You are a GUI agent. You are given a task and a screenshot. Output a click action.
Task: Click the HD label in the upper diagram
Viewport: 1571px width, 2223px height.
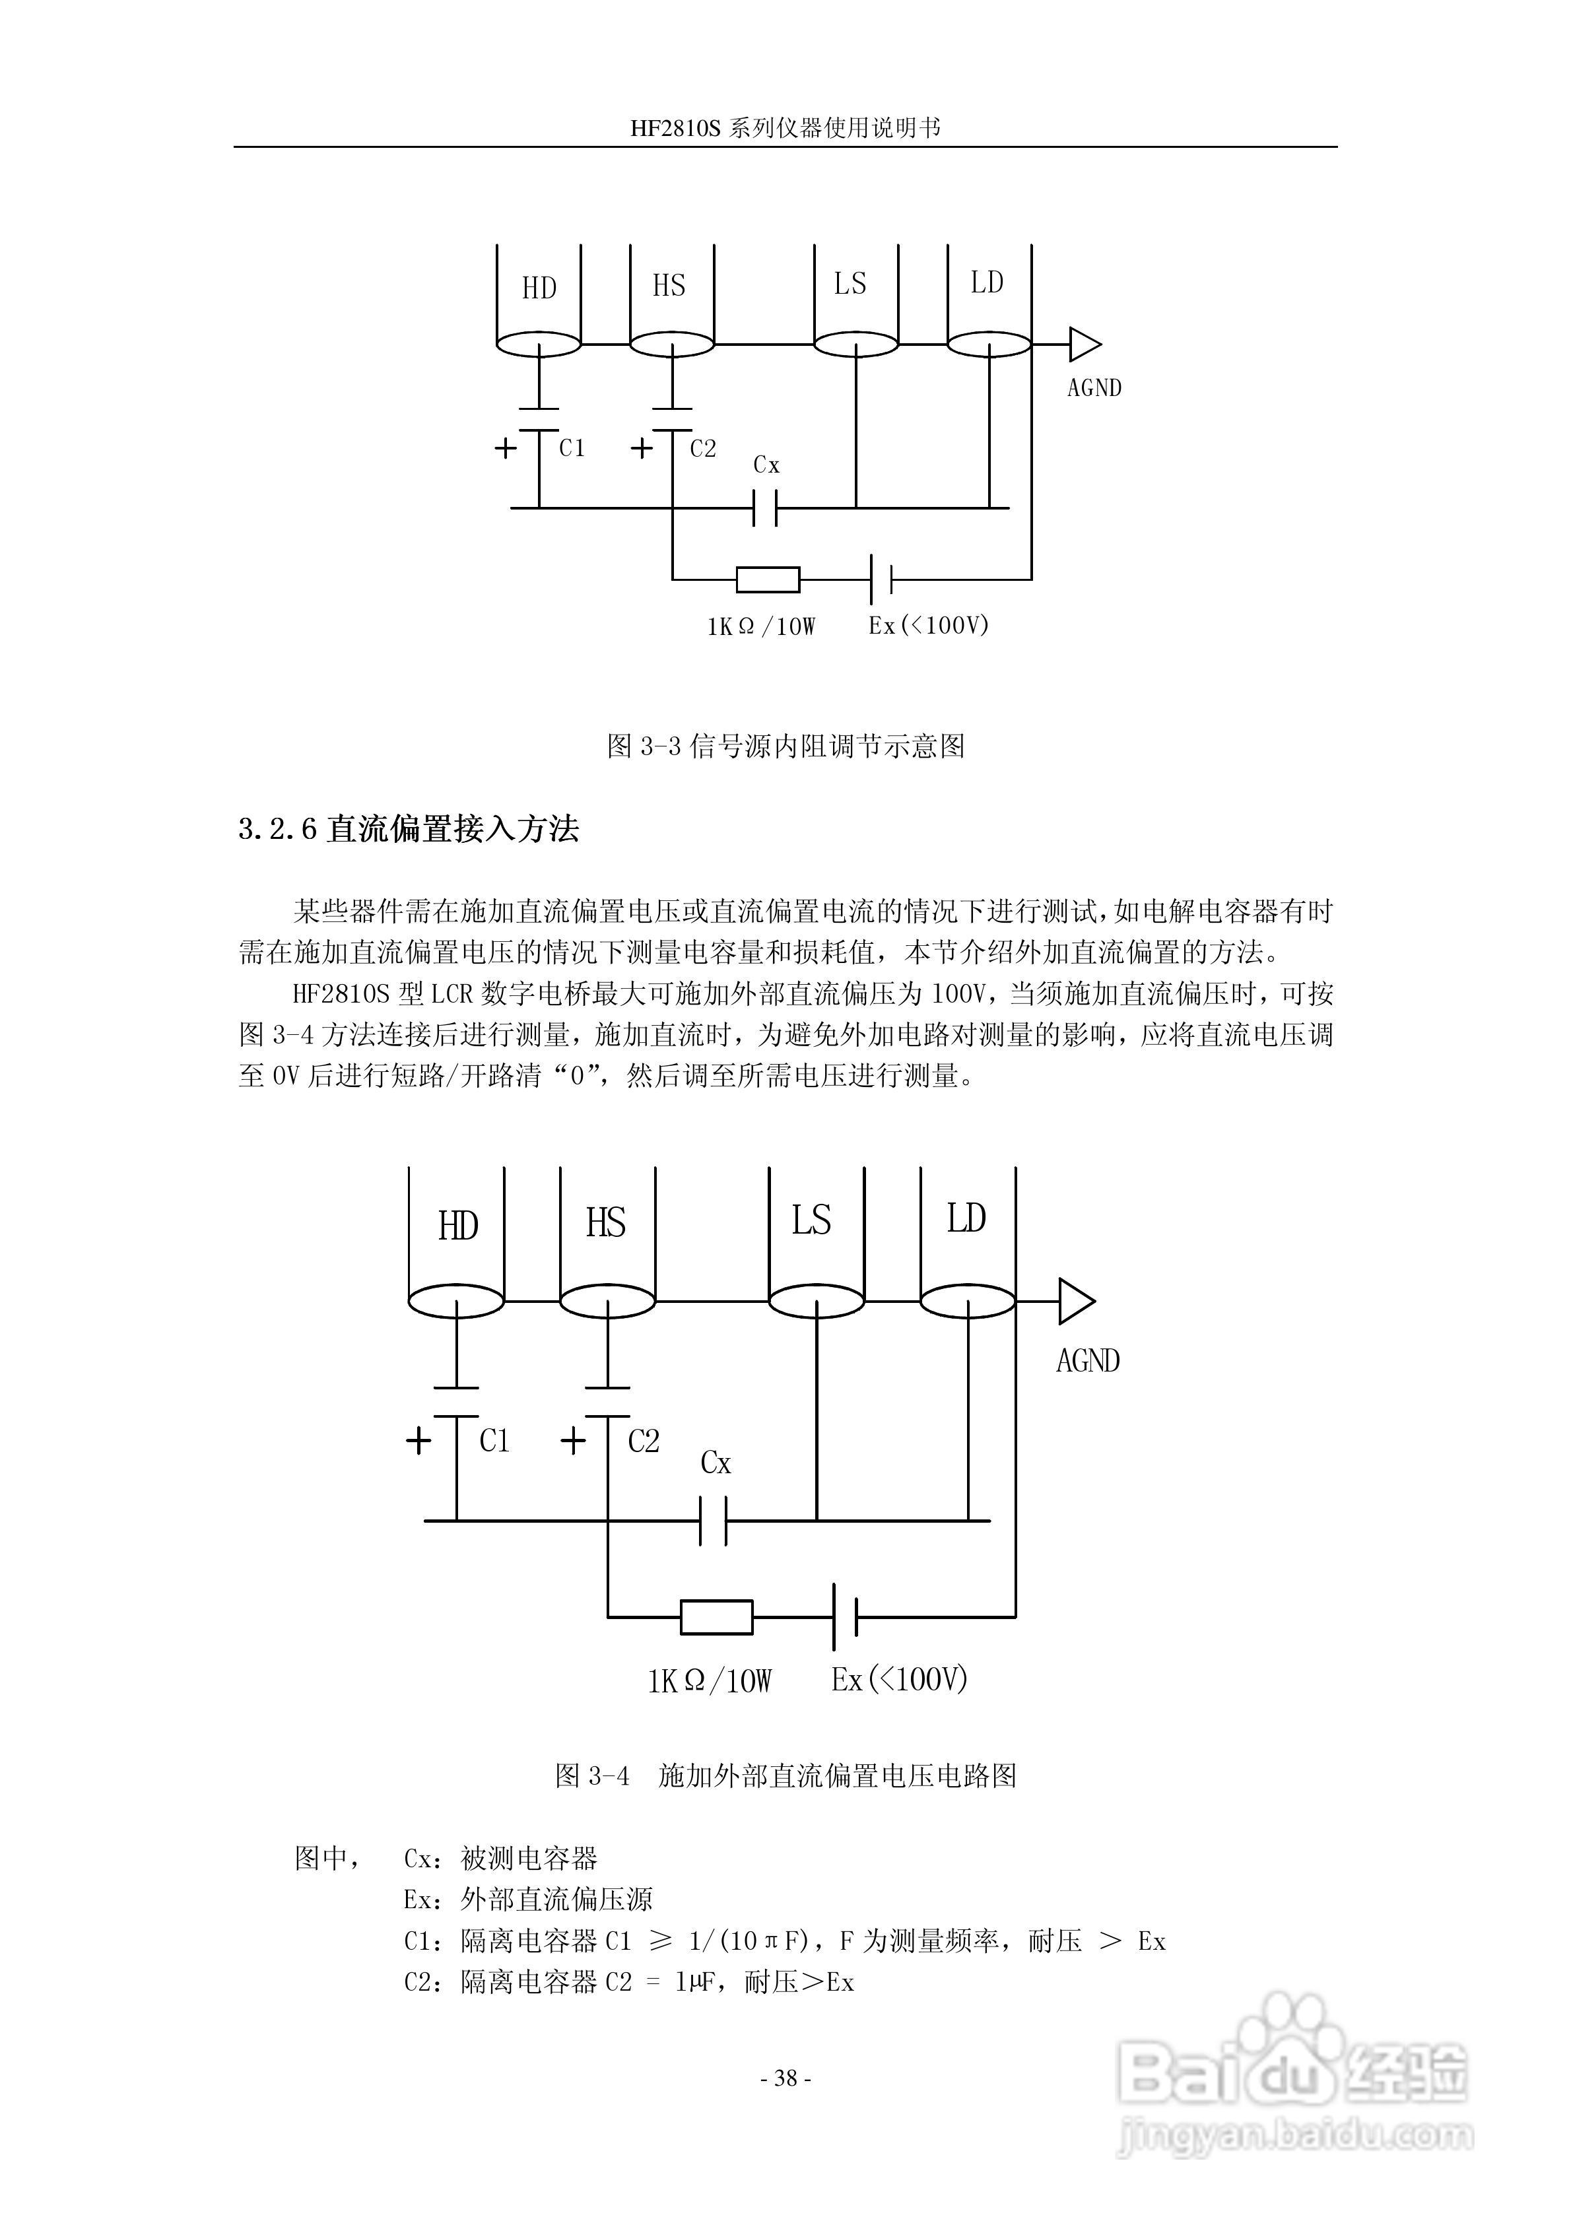coord(539,288)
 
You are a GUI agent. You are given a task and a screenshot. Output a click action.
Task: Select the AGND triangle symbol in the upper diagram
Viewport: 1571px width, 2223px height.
coord(1085,344)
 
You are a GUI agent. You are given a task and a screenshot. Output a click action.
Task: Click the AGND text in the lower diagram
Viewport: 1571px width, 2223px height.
coord(1088,1360)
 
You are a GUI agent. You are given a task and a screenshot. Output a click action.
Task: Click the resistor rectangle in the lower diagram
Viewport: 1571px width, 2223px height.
coord(717,1617)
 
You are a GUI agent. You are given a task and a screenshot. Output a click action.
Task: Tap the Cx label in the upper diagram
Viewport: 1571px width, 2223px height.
coord(766,466)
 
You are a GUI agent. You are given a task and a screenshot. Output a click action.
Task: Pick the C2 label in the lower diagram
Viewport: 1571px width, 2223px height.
coord(643,1441)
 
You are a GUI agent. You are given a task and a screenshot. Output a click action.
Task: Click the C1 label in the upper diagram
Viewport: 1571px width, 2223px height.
coord(572,448)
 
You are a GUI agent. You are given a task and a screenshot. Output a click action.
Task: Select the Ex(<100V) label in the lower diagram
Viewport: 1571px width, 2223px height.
coord(900,1679)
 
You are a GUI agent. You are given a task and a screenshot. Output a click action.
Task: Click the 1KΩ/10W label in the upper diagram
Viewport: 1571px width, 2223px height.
coord(761,626)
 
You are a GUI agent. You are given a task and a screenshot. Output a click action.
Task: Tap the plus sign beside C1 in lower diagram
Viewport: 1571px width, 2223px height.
coord(418,1442)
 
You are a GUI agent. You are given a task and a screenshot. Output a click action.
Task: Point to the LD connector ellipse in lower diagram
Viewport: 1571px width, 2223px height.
coord(966,1302)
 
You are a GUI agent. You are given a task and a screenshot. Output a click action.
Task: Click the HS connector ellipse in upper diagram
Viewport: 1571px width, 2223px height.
coord(671,344)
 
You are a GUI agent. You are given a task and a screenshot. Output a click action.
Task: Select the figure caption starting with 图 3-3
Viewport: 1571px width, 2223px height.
coord(785,746)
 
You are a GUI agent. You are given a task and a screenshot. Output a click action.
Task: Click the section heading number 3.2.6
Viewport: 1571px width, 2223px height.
coord(277,830)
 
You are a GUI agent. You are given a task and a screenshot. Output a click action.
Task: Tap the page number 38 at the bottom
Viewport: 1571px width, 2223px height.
coord(785,2078)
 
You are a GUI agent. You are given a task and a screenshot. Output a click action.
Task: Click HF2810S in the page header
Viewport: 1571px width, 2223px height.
coord(676,129)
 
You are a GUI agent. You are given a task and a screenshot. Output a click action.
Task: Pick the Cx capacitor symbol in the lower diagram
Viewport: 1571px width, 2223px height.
coord(713,1521)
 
